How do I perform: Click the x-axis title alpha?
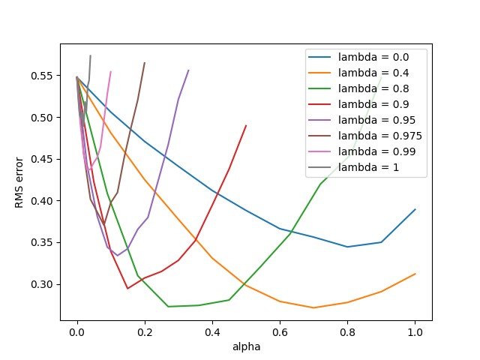246,347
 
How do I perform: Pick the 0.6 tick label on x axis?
280,333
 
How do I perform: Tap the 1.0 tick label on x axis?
415,333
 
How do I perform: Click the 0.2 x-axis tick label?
144,333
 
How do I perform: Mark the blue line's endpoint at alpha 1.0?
415,209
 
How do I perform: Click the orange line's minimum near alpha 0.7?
313,307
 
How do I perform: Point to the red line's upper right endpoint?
246,125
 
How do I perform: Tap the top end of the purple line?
188,70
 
